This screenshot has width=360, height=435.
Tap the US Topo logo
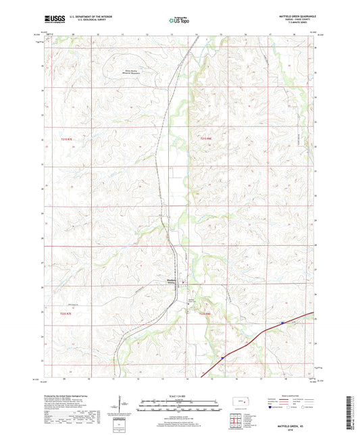[180, 20]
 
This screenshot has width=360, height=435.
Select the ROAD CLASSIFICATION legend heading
[292, 395]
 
